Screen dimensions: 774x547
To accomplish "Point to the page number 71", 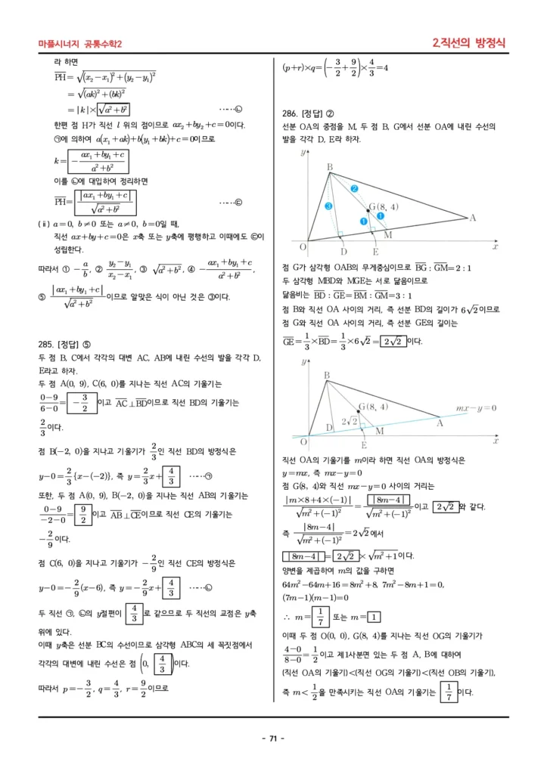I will (273, 738).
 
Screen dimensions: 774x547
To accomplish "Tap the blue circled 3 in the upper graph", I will (328, 205).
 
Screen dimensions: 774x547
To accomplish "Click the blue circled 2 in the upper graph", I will (353, 188).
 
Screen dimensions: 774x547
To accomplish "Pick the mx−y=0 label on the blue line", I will (475, 408).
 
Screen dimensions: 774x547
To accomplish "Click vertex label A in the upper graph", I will (473, 218).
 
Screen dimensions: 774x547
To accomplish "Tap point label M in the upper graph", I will (388, 236).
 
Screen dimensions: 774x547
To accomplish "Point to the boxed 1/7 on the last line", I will (449, 691).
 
